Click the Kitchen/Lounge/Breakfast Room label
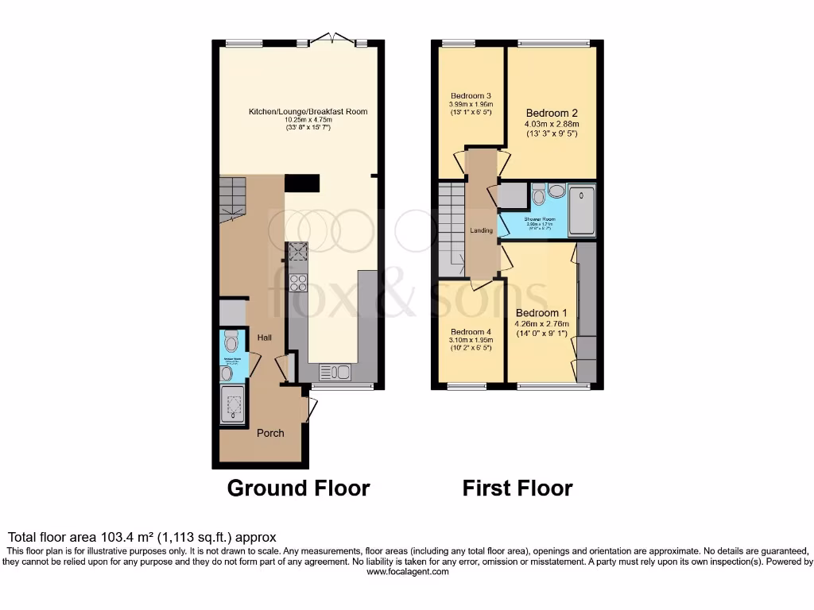pyautogui.click(x=307, y=111)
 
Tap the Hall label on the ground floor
pyautogui.click(x=265, y=338)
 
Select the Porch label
pyautogui.click(x=270, y=433)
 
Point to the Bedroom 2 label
pyautogui.click(x=552, y=113)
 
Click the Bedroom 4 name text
pyautogui.click(x=471, y=332)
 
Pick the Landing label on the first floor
pyautogui.click(x=481, y=230)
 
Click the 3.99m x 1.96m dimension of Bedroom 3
pyautogui.click(x=471, y=104)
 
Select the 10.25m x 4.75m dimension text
pyautogui.click(x=307, y=120)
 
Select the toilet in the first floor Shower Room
pyautogui.click(x=538, y=194)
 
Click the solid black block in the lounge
pyautogui.click(x=302, y=183)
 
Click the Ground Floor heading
pyautogui.click(x=298, y=488)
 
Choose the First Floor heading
pyautogui.click(x=517, y=488)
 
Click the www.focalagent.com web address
pyautogui.click(x=407, y=571)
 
